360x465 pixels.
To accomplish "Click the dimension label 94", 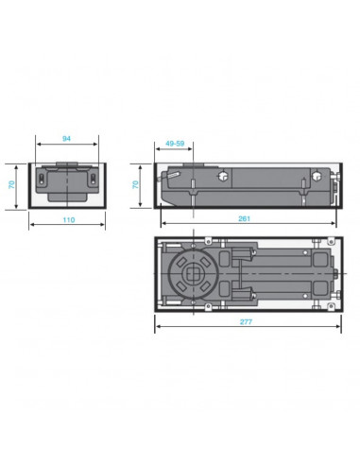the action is (x=66, y=138).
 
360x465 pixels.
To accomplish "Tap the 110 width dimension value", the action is (x=69, y=219).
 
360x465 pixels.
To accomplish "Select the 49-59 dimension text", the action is (x=175, y=144).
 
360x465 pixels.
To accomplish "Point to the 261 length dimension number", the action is (x=244, y=218).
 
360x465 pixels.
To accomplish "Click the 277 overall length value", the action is (x=246, y=321).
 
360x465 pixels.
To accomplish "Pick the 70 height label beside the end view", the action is (x=11, y=184).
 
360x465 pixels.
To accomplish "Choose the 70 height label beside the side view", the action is (x=135, y=184).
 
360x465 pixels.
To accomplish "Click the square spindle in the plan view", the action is (x=193, y=274).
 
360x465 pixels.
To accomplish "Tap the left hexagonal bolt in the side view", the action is (x=223, y=176).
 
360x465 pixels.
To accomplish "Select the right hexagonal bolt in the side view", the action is (x=317, y=176).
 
